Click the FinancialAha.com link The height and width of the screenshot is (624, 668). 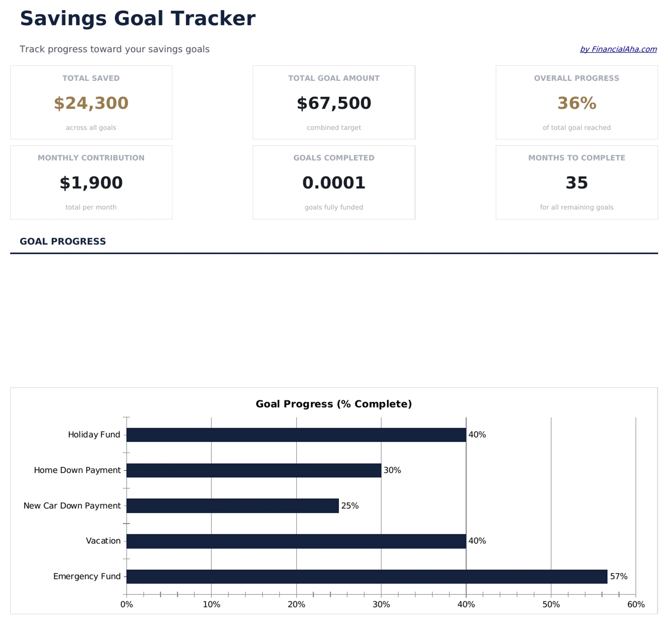point(618,49)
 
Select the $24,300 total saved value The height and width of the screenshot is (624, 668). point(91,103)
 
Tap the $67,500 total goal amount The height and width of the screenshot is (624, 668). point(334,103)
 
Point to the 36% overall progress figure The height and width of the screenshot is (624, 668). point(577,103)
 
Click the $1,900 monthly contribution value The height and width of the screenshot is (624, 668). point(91,183)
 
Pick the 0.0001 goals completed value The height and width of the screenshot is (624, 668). point(334,183)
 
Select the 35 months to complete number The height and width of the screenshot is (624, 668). point(577,183)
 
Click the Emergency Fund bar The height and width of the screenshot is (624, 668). point(366,576)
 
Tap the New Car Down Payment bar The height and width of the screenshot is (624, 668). point(232,505)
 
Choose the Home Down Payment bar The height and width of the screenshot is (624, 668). point(254,470)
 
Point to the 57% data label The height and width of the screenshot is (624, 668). point(618,576)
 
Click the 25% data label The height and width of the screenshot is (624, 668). point(350,505)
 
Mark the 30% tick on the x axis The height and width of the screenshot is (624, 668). point(381,604)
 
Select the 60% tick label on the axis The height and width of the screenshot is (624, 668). point(635,604)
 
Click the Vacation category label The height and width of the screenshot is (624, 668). point(103,541)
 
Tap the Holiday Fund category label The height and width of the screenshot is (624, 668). point(94,435)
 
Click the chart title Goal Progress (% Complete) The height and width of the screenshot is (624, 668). point(334,404)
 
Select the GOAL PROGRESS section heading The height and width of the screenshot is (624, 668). point(63,241)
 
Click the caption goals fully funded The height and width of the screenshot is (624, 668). point(334,207)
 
